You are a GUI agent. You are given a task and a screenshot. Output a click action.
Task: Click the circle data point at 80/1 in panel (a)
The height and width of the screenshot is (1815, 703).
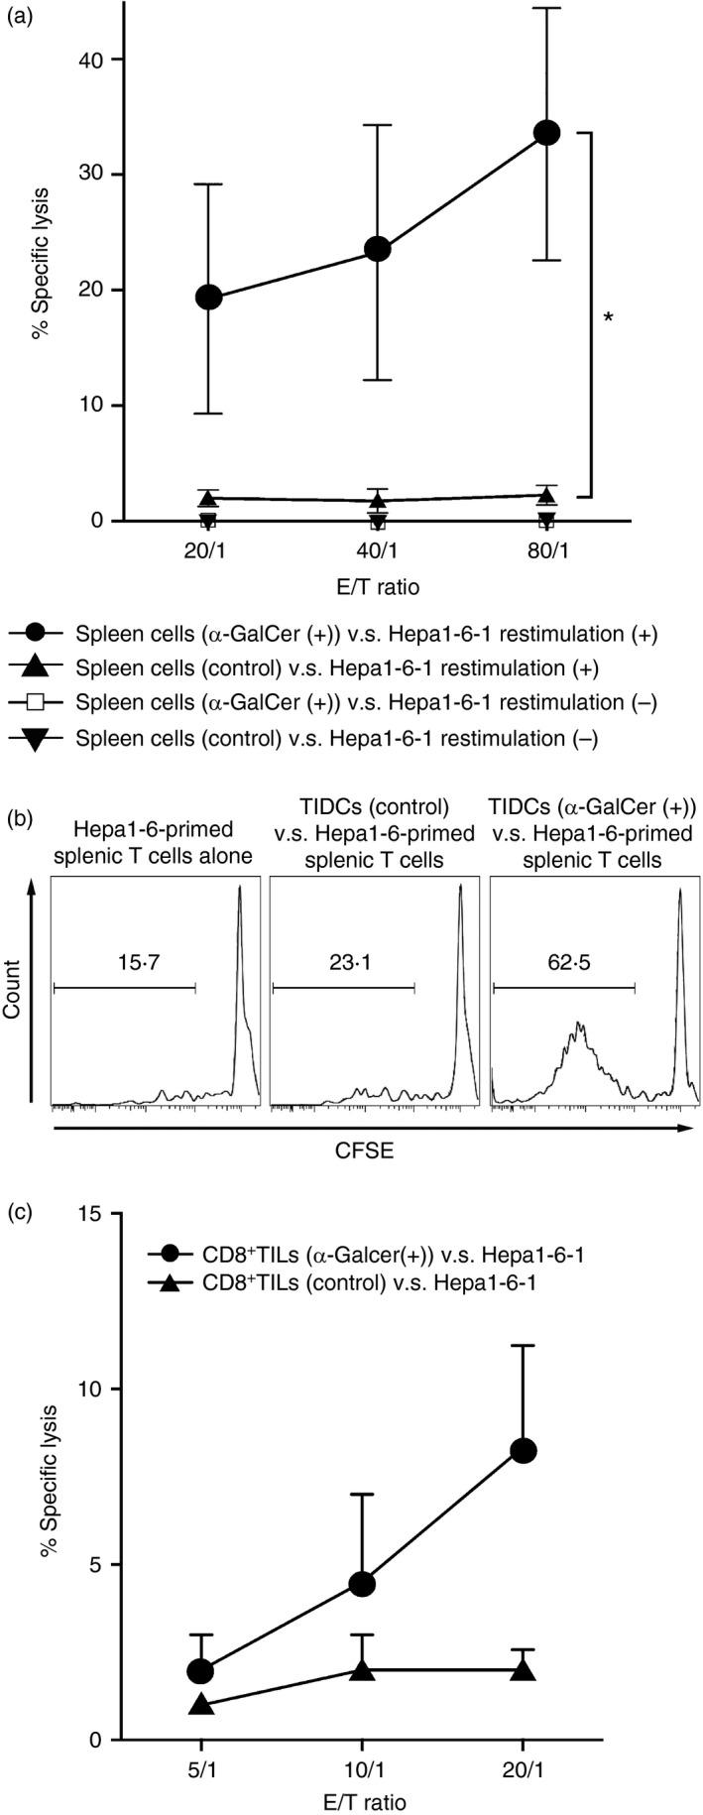[546, 133]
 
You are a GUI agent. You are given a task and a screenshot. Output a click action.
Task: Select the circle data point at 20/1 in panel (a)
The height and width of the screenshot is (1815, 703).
[209, 297]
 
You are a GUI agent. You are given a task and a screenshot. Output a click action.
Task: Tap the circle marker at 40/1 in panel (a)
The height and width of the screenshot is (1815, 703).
[378, 249]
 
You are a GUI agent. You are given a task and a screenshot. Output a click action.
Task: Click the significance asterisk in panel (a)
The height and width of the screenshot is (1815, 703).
[608, 317]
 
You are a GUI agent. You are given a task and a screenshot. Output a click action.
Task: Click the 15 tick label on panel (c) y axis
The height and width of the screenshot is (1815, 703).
[92, 1214]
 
